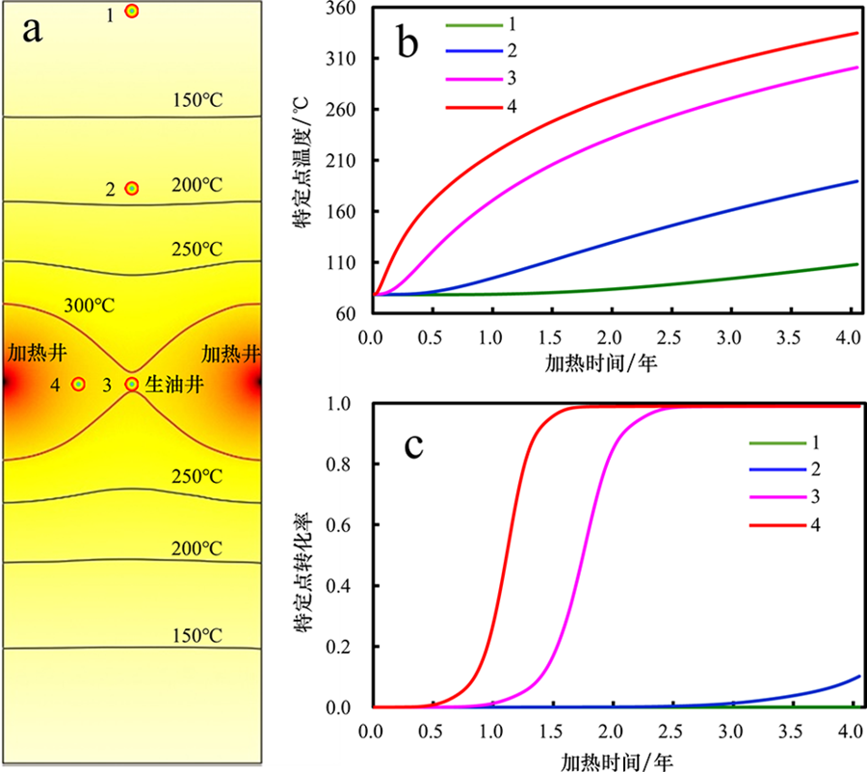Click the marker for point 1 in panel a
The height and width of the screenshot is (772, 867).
132,12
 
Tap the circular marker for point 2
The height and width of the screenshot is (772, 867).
132,189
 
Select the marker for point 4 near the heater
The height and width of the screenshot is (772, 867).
78,384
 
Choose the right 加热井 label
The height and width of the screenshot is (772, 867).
231,353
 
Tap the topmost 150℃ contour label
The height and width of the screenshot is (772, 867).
197,100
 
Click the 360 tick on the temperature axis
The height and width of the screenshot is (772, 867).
345,8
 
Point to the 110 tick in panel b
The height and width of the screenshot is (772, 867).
345,263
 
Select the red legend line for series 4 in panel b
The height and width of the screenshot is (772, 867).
473,104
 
